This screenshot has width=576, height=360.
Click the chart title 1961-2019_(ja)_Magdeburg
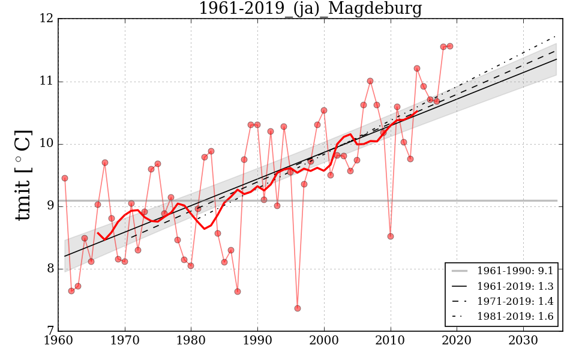(x=310, y=9)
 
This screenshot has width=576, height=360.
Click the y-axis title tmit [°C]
(x=23, y=175)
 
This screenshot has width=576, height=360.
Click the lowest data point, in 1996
(x=298, y=308)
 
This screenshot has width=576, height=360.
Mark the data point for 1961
(x=65, y=178)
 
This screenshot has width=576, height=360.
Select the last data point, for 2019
(x=450, y=46)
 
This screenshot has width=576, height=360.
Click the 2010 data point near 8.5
(x=391, y=236)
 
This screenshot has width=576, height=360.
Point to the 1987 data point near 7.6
(x=238, y=292)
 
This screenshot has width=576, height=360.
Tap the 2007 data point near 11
(x=370, y=81)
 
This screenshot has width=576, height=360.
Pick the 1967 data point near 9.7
(x=105, y=163)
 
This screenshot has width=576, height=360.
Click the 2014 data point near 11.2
(x=417, y=68)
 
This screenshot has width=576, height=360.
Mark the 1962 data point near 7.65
(x=71, y=291)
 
